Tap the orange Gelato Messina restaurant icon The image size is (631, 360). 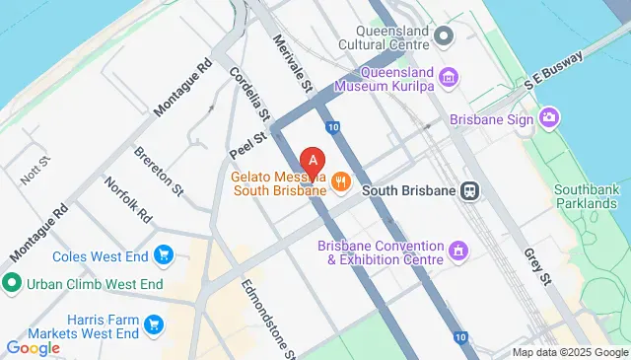pyautogui.click(x=341, y=180)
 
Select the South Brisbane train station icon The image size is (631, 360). pyautogui.click(x=471, y=189)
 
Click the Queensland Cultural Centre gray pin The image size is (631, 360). pyautogui.click(x=444, y=37)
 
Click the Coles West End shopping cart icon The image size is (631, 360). pyautogui.click(x=164, y=257)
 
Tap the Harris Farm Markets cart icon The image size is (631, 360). pyautogui.click(x=153, y=324)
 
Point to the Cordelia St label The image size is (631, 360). pyautogui.click(x=245, y=86)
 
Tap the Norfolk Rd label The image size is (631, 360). pyautogui.click(x=129, y=199)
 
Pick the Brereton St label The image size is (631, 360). pyautogui.click(x=159, y=169)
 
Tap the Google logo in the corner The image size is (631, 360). pyautogui.click(x=33, y=347)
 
